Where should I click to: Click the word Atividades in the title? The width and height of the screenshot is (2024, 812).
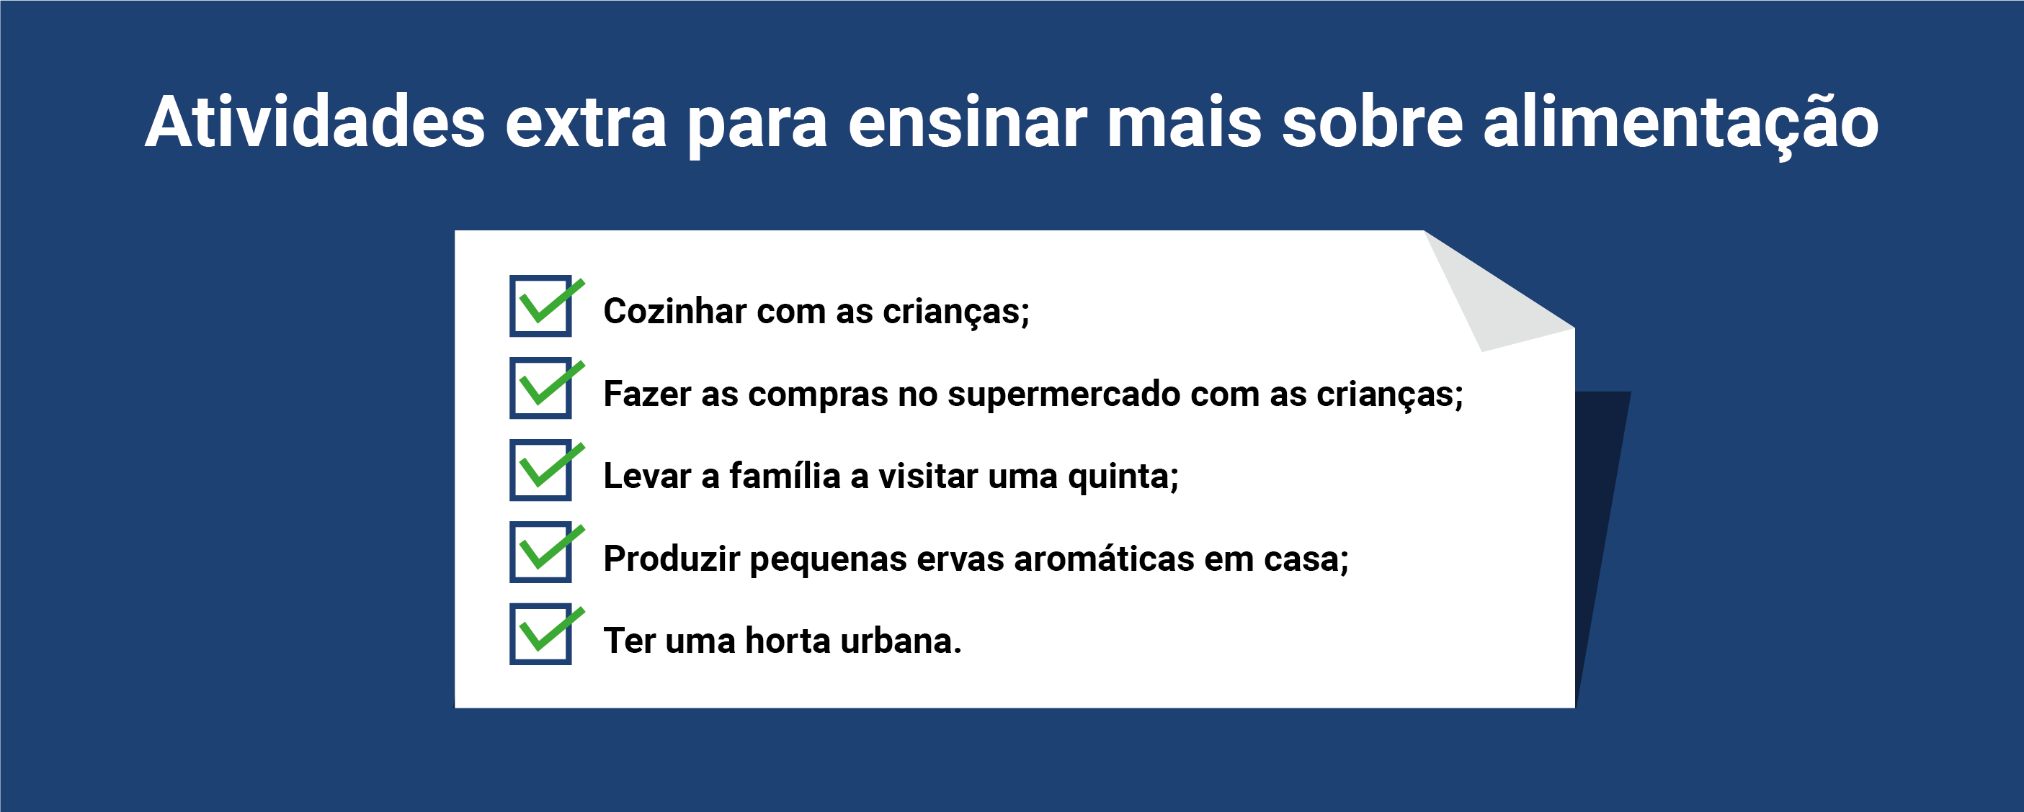315,122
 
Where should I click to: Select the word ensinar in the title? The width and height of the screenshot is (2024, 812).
967,122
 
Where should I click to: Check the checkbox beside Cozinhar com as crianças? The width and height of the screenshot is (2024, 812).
540,305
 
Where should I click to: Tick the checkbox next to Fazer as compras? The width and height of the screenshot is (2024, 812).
540,388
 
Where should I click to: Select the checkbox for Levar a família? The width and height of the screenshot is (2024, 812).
540,469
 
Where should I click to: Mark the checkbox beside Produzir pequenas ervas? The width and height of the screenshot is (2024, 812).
540,552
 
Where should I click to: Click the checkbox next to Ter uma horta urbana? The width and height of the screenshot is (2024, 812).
540,633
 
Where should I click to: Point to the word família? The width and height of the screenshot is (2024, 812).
785,476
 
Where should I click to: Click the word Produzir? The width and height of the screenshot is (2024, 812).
672,559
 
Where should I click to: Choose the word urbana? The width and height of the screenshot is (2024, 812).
901,641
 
